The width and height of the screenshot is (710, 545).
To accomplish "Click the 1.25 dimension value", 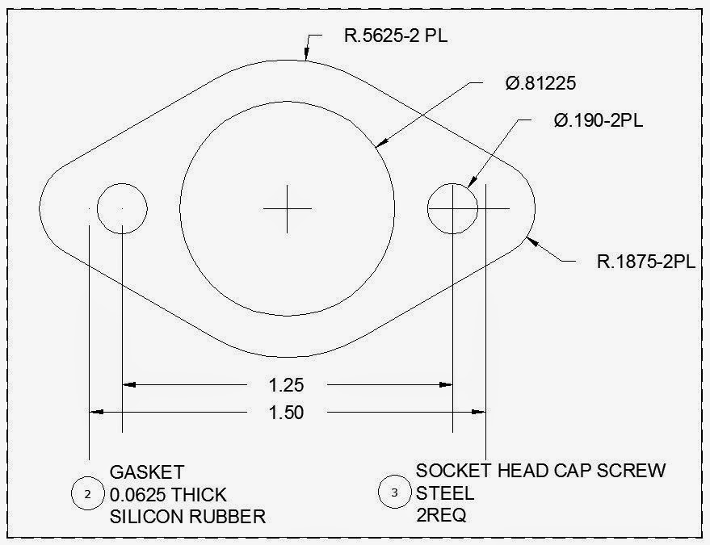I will tap(288, 384).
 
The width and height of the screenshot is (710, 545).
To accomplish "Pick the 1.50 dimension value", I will tap(287, 413).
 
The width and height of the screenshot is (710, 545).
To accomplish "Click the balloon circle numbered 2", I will tap(88, 493).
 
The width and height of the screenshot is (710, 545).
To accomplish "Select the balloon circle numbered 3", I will tap(394, 493).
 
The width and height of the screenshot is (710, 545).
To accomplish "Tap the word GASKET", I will tap(146, 472).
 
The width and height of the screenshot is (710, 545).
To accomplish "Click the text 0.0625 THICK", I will tap(168, 494).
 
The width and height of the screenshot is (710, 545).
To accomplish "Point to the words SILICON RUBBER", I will tap(187, 517).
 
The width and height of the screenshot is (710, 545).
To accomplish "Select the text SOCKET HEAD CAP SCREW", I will tap(540, 470).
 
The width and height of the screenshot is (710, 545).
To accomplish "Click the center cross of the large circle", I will tap(287, 208).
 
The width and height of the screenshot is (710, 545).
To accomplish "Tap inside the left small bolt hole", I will tap(122, 208).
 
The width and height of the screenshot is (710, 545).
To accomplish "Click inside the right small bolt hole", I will tap(452, 208).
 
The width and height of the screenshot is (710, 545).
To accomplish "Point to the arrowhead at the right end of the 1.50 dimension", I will tap(477, 413).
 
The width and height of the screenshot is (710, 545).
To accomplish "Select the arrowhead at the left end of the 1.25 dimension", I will tap(130, 384).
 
